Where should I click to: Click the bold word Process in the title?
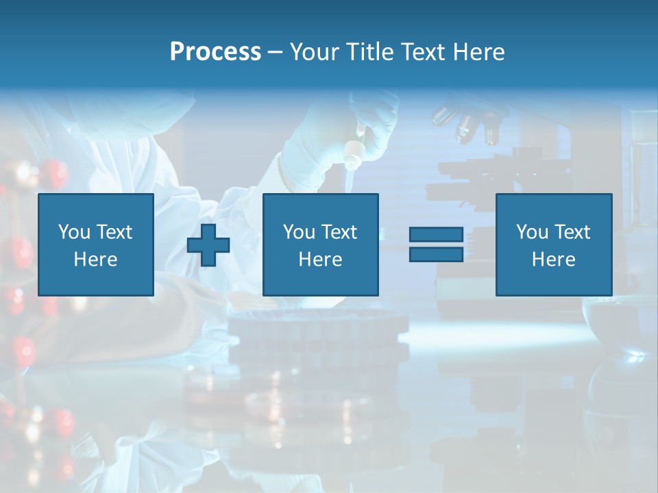[x=215, y=52]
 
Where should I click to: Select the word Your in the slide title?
[x=315, y=52]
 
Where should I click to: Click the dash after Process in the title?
[x=276, y=53]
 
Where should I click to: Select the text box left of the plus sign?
[x=96, y=244]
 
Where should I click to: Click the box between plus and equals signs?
[x=320, y=244]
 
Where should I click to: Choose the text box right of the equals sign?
[x=553, y=244]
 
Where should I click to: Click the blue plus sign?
[x=208, y=244]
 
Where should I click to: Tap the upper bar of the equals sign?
[x=436, y=235]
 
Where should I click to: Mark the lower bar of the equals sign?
[x=436, y=254]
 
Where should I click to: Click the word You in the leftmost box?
[x=73, y=232]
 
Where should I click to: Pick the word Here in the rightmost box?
[x=553, y=260]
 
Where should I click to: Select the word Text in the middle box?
[x=339, y=232]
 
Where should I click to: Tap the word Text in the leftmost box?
[x=114, y=232]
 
